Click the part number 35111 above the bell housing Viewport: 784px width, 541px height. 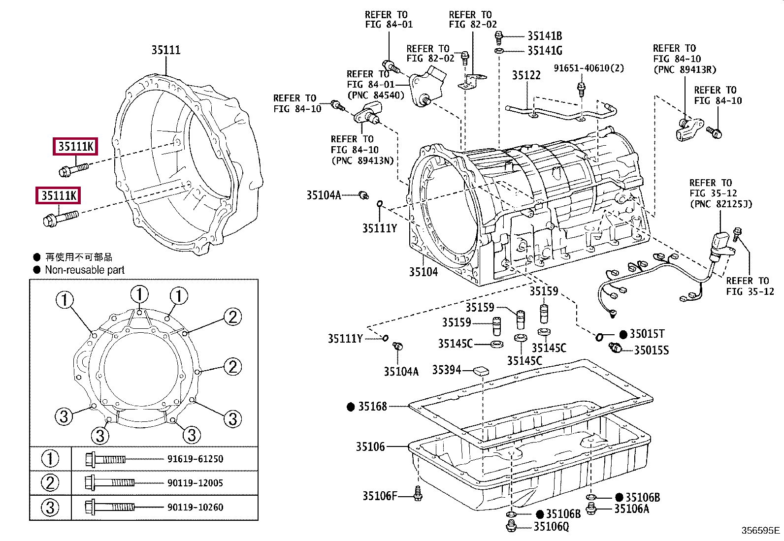pos(166,50)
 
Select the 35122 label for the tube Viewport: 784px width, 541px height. pos(526,75)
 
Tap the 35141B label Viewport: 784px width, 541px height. pos(545,36)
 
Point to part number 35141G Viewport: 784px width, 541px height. pos(545,51)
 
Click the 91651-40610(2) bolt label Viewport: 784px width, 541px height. pos(588,68)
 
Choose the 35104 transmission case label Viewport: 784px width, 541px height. pos(423,272)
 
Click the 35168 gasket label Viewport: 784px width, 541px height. pos(372,406)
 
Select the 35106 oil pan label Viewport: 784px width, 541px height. pos(370,446)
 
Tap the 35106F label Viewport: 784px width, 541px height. pos(380,496)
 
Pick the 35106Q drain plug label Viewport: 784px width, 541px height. pos(551,526)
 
